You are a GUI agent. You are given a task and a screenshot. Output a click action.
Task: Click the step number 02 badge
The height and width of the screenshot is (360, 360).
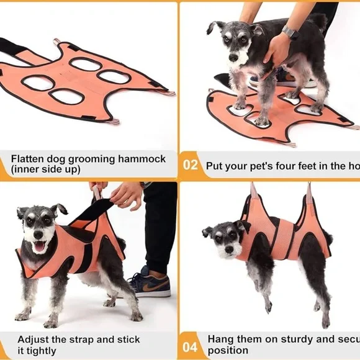(x=191, y=165)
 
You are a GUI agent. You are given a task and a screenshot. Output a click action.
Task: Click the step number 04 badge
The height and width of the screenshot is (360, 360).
(x=191, y=346)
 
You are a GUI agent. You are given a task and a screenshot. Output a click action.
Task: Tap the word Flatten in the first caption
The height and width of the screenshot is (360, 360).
(x=29, y=159)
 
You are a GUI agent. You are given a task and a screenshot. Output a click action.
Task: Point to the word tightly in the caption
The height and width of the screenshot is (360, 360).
(x=43, y=350)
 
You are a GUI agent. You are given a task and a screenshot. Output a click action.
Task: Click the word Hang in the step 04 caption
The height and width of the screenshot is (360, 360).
(x=220, y=340)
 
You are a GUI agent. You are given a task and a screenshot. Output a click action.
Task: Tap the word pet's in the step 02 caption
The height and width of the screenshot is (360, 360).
(x=271, y=165)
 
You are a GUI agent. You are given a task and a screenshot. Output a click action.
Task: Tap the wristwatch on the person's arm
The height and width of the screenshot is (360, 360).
(x=290, y=32)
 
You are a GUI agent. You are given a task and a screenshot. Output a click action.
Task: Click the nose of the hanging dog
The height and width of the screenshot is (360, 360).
(x=229, y=249)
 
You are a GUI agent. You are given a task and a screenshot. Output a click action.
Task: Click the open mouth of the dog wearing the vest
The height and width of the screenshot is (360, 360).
(x=39, y=246)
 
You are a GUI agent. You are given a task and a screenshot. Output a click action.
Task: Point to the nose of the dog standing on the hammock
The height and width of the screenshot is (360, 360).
(x=233, y=57)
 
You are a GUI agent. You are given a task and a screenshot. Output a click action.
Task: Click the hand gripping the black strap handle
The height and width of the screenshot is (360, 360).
(x=126, y=195)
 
